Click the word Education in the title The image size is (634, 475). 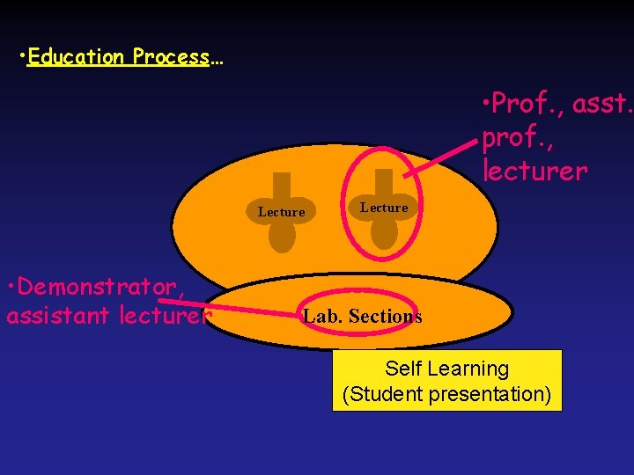coord(76,58)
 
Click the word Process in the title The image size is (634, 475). coord(172,58)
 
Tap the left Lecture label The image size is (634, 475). coord(281,212)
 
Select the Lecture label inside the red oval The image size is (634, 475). coord(384,208)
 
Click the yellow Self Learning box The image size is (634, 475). coord(446,381)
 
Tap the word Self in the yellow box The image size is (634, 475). coord(403,369)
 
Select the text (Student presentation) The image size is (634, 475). coord(446,394)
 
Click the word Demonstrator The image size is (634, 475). coord(99,287)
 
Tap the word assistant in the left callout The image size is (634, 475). coord(59,314)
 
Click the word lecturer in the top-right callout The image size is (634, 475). coord(534,171)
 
